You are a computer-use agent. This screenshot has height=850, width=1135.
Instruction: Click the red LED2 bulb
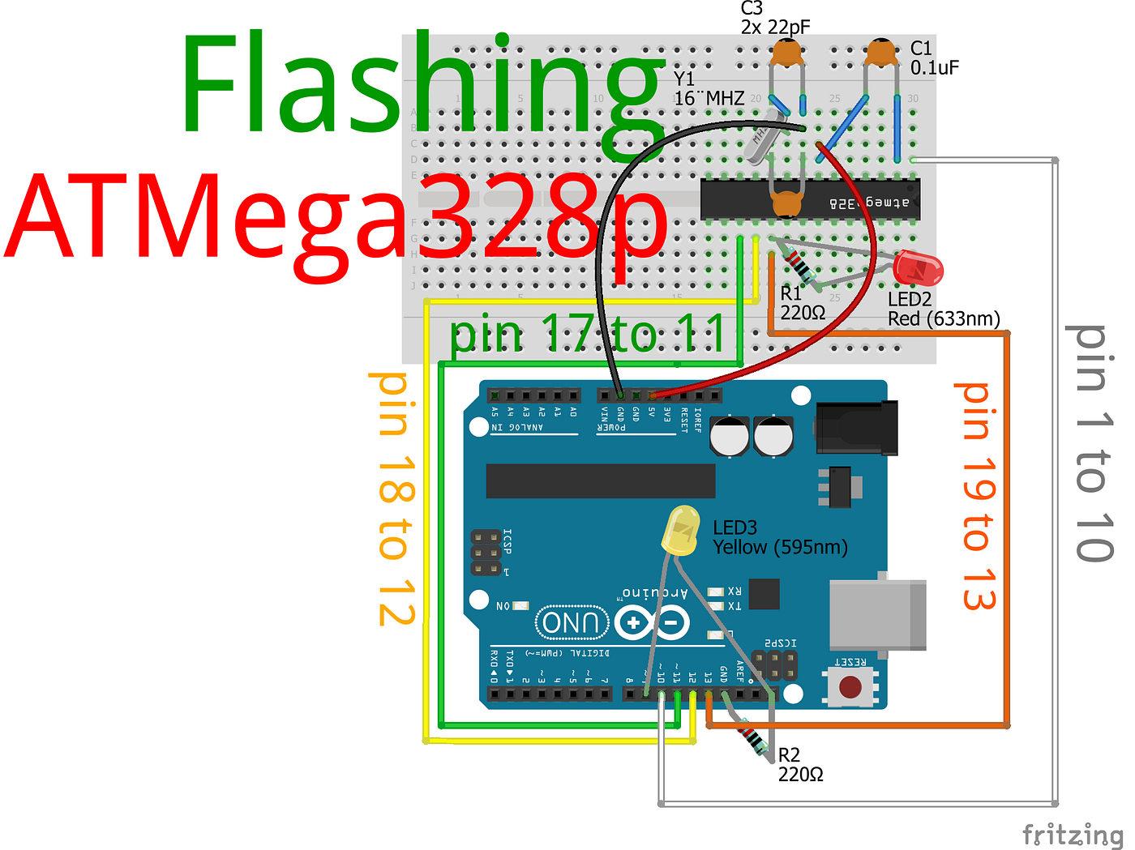click(x=918, y=268)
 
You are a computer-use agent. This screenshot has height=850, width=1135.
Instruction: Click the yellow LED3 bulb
click(x=681, y=531)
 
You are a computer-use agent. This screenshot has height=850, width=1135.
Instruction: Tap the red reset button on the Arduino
click(x=850, y=687)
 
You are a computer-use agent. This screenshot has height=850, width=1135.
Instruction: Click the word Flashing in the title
click(x=422, y=85)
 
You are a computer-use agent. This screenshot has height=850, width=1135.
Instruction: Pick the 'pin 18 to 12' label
click(x=396, y=498)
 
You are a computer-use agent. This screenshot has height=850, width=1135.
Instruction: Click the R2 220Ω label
click(x=800, y=765)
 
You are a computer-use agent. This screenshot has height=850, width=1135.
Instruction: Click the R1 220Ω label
click(x=802, y=303)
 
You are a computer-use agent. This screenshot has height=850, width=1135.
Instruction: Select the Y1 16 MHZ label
click(x=708, y=89)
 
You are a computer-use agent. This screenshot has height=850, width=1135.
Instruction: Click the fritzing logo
click(x=1072, y=834)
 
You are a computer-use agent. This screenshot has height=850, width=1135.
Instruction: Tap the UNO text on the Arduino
click(x=572, y=623)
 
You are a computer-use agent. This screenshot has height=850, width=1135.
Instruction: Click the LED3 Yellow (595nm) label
click(x=779, y=538)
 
